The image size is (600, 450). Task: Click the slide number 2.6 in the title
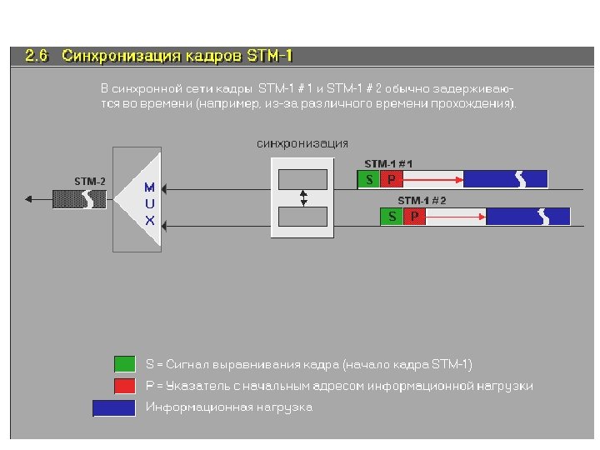coord(37,57)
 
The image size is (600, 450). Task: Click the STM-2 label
coord(89,181)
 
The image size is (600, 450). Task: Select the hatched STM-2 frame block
coord(79,199)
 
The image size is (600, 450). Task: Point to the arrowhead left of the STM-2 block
coord(31,199)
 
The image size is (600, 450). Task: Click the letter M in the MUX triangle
coord(149,187)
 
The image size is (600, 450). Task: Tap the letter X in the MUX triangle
coord(149,221)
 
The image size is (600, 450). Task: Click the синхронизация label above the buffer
coord(302,143)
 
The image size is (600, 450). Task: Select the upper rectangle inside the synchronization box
coord(302,179)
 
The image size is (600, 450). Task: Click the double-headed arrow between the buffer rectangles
coord(303,198)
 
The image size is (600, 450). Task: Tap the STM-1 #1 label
coord(388,164)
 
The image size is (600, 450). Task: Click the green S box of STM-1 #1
coord(368,179)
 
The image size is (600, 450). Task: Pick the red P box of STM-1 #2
coord(414,217)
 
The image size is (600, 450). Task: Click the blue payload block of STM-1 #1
coord(505,179)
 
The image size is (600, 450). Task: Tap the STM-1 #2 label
coord(422,201)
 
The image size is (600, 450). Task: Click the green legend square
coord(124,364)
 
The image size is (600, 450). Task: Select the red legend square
coord(124,385)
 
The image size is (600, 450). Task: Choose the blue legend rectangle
coord(113,407)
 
